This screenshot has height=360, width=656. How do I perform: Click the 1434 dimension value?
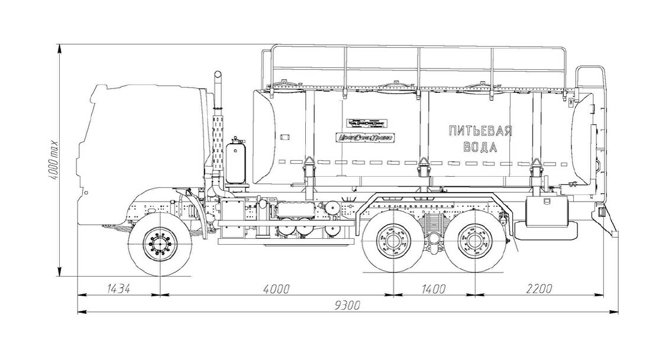tap(118, 288)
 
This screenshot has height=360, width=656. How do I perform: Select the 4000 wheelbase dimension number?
tap(276, 288)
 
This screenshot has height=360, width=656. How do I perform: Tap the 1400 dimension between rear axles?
tap(434, 288)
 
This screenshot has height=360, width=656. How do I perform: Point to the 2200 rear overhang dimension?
tap(538, 288)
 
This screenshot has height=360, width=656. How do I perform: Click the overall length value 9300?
tap(347, 306)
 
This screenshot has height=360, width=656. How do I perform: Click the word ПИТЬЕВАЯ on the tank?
tap(480, 131)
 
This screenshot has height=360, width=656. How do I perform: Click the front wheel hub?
tap(160, 243)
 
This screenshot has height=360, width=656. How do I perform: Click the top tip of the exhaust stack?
tap(218, 74)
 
